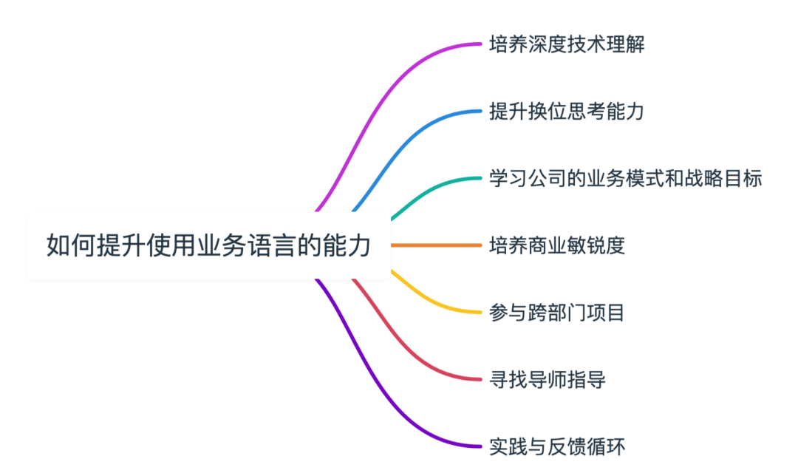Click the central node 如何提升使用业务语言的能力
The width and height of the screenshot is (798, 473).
tap(208, 245)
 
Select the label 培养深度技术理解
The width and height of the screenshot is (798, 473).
tap(566, 45)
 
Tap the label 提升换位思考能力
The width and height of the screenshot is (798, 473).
tap(566, 112)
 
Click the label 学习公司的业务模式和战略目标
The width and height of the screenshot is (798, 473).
tap(625, 179)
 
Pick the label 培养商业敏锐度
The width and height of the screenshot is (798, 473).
tap(557, 245)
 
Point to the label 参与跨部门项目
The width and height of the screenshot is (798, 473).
tap(557, 313)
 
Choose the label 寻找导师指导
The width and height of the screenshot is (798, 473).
tap(548, 380)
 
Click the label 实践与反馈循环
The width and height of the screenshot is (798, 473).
tap(557, 446)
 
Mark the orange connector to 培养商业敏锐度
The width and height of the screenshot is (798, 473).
tap(436, 245)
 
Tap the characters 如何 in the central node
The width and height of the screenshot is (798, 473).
tap(70, 245)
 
